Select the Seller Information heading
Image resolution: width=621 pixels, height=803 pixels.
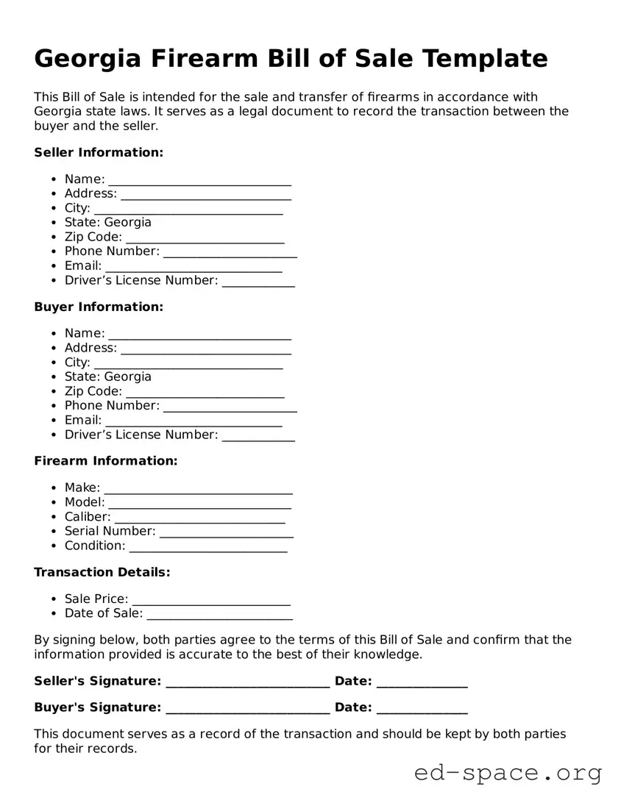coord(99,152)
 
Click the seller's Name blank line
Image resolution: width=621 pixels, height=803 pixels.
coord(199,180)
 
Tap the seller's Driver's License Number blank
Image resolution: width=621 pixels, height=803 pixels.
coord(258,282)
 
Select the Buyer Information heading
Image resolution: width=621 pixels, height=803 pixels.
coord(99,307)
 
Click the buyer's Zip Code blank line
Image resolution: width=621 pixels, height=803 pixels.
coord(205,393)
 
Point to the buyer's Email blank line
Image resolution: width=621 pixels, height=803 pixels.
coord(194,421)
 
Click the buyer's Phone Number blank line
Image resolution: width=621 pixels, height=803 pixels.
coord(230,407)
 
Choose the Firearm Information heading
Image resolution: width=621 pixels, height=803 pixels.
coord(106,461)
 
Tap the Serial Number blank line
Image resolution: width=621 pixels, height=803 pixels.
coord(226,532)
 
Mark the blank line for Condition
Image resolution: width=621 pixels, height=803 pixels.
coord(208,547)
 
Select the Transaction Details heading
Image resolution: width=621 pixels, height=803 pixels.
coord(102,572)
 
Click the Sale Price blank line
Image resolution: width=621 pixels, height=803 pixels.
coord(211,600)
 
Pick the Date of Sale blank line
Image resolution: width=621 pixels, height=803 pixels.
coord(219,615)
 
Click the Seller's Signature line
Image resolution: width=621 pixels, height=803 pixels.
coord(247,682)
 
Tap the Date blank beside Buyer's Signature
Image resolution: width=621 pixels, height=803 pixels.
coord(422,709)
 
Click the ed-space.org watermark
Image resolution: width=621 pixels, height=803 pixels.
coord(508,774)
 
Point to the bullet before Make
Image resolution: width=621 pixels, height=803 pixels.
coord(54,488)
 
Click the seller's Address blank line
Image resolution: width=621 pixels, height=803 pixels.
coord(206,195)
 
